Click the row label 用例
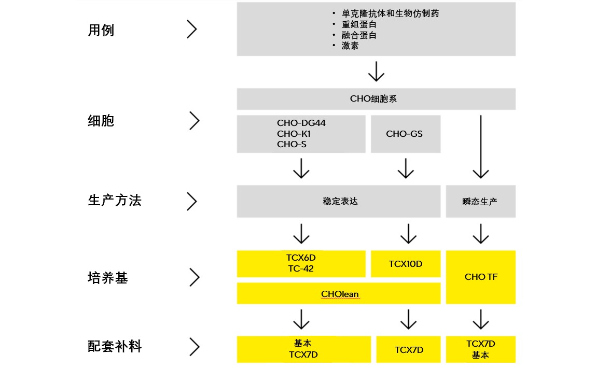(101, 30)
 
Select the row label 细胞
(101, 121)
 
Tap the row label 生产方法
(115, 201)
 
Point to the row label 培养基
(108, 278)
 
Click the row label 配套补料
(115, 346)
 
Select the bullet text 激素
(350, 46)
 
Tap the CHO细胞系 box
(376, 98)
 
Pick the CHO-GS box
(405, 134)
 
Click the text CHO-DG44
(301, 123)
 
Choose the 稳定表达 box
(340, 201)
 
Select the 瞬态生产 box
(480, 202)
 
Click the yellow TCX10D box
(406, 264)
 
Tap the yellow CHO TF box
(481, 277)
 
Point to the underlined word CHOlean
(340, 294)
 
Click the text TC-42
(300, 268)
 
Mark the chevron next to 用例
(192, 30)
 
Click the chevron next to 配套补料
(194, 347)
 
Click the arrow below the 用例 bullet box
(376, 72)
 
